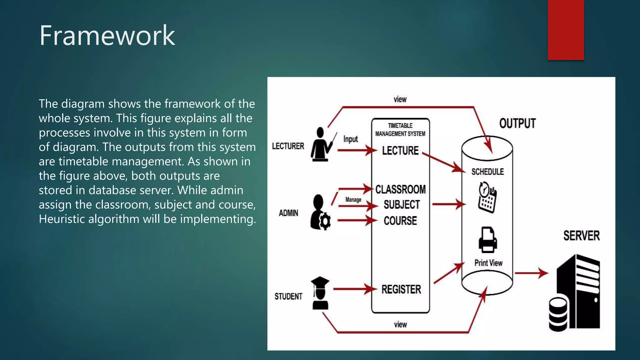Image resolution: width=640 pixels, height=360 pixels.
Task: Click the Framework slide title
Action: coord(107,36)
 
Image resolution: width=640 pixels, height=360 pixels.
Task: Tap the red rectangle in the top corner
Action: coord(566,30)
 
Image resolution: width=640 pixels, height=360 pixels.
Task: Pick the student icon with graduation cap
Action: coord(320,293)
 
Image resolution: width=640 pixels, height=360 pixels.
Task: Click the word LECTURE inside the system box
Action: coord(400,151)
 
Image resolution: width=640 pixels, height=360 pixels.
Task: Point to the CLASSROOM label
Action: coord(401,189)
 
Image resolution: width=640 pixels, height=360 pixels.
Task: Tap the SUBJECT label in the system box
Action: coord(402,205)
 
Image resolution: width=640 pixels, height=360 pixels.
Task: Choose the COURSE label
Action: coord(400,221)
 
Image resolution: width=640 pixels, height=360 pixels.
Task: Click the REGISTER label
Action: coord(401,289)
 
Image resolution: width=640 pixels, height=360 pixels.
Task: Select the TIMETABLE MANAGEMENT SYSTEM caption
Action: coord(400,130)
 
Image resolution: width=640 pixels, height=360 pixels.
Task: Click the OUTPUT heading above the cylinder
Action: coord(517,123)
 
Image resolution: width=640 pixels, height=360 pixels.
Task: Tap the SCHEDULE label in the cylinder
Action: coord(487,172)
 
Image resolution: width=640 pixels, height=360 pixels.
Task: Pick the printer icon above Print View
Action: coord(488,240)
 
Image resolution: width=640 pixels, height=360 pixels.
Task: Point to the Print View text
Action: coord(488,263)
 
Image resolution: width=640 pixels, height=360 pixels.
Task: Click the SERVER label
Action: coord(582,236)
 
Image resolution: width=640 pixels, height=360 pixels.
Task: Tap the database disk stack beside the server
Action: coord(558,314)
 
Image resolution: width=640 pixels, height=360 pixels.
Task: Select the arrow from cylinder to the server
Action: coord(531,273)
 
